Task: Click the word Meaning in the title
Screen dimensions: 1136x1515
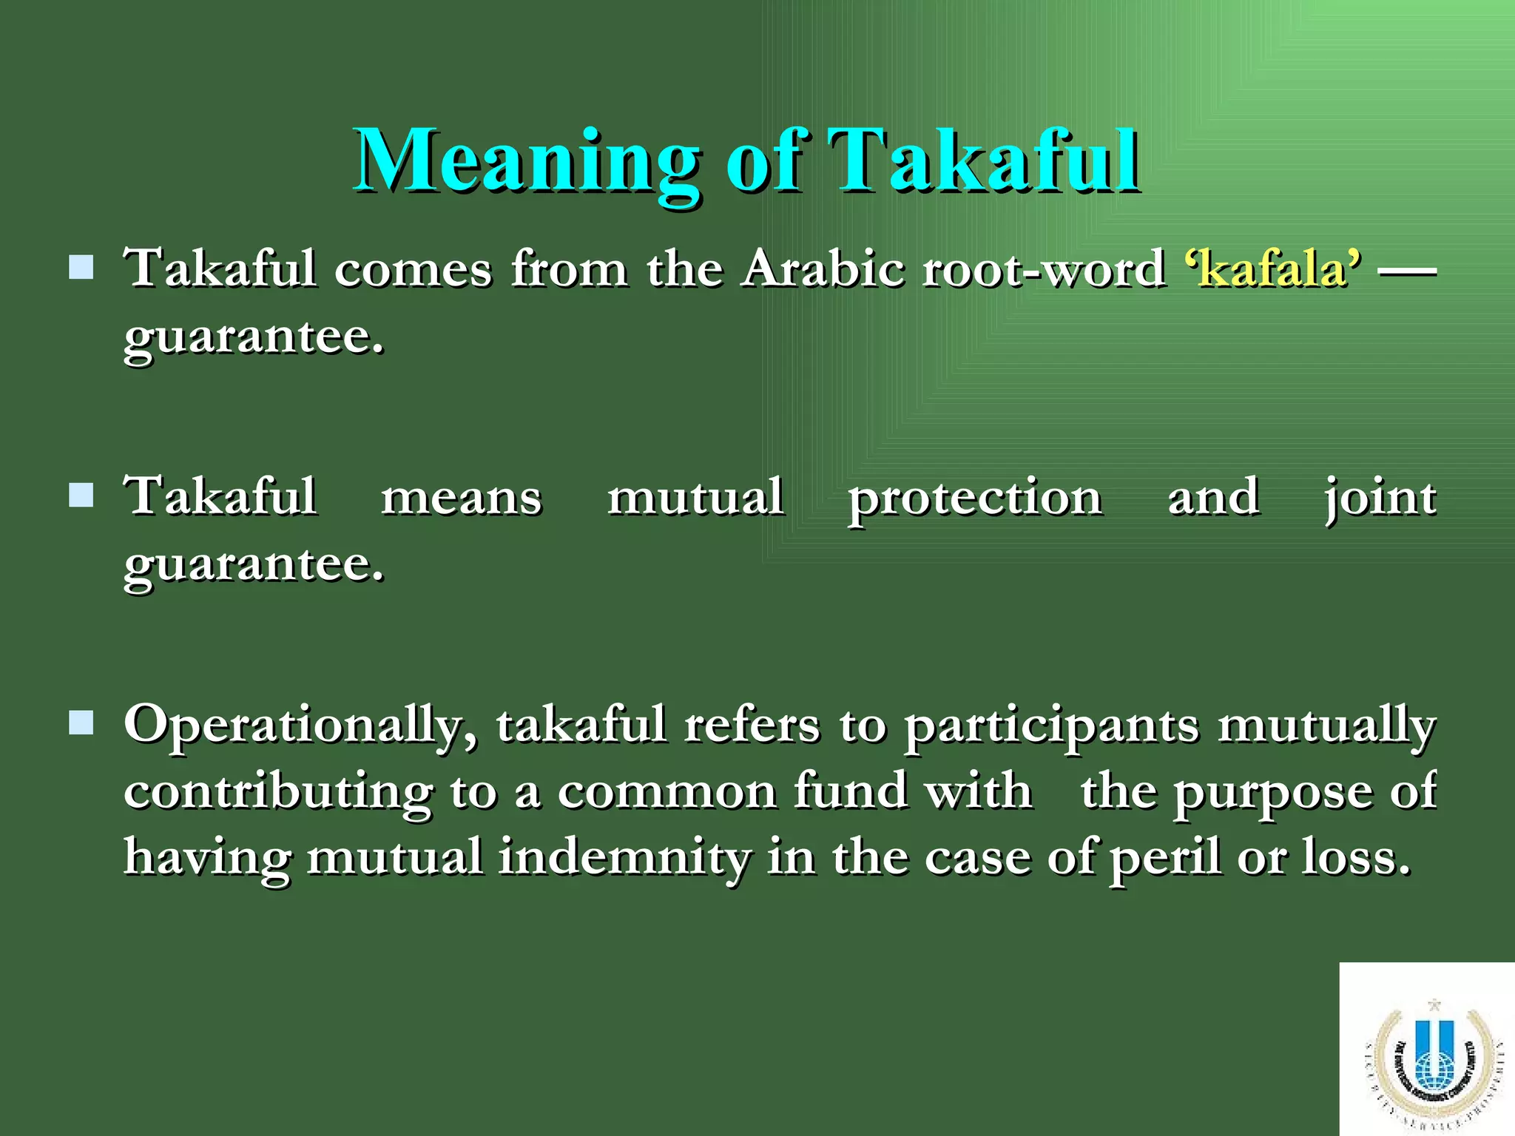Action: (527, 161)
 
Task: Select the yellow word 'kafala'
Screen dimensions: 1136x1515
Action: (1272, 268)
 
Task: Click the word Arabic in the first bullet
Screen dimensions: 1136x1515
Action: (823, 268)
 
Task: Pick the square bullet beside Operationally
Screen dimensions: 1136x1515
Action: (81, 723)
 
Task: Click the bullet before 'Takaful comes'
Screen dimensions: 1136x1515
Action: (81, 267)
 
